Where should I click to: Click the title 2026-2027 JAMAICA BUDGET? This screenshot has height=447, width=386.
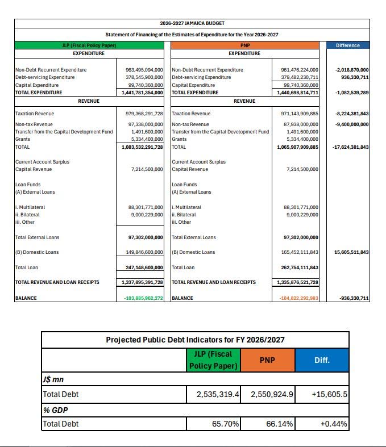tap(192, 23)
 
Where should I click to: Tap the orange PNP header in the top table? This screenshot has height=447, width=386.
tap(244, 45)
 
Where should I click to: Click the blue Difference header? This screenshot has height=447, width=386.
tap(348, 45)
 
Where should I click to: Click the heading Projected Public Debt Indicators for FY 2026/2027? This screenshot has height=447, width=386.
tap(194, 340)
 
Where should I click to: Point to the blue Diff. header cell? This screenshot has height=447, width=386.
tap(322, 360)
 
